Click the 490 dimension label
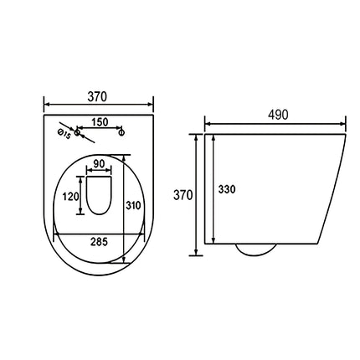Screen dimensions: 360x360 [278, 115]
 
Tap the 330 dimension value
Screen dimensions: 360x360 [227, 189]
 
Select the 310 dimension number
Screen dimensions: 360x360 [133, 206]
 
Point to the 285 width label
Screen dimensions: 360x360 [99, 242]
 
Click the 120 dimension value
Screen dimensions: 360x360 [70, 197]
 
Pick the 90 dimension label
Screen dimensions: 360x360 [99, 164]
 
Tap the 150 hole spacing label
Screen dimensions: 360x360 [100, 122]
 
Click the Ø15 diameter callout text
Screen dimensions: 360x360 [64, 134]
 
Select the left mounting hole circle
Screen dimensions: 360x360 [77, 131]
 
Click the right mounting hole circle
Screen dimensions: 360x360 [121, 132]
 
